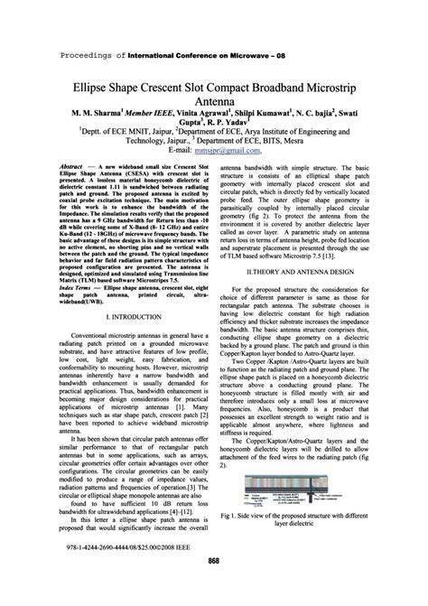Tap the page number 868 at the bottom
214,588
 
